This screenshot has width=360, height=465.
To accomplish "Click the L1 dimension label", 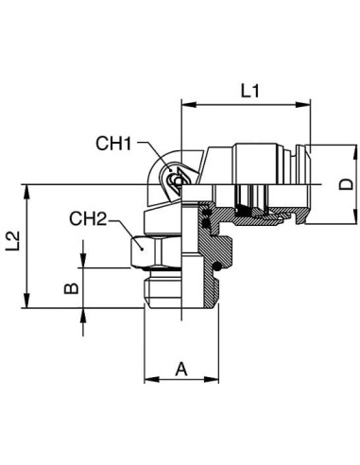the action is (x=250, y=92).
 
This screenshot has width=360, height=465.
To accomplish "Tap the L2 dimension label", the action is (x=13, y=241).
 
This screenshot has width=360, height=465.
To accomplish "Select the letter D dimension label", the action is (x=346, y=185).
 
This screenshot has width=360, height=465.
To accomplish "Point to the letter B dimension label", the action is (x=71, y=288).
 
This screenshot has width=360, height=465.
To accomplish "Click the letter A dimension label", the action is (x=181, y=370).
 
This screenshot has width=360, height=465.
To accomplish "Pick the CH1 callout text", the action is (x=113, y=144).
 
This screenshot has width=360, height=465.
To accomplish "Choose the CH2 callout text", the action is (x=88, y=218).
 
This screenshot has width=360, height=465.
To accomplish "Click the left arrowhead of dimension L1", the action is (x=190, y=105).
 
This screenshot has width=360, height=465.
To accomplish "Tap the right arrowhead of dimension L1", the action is (x=302, y=105).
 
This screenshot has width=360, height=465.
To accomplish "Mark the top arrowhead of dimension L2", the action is (x=27, y=192).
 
